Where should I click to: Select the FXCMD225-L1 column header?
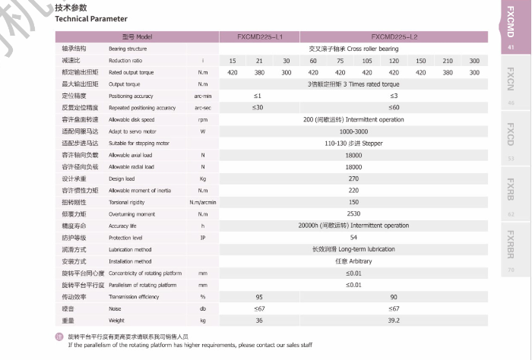click(260, 36)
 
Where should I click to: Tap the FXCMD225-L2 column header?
click(394, 36)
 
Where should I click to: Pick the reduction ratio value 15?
click(233, 60)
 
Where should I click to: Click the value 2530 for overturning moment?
click(353, 214)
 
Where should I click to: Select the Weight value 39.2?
click(394, 321)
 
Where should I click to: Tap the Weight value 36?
click(259, 321)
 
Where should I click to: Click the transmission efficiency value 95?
click(259, 297)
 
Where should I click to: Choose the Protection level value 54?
click(353, 238)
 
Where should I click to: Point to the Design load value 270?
click(353, 178)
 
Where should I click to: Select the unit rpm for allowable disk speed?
click(203, 119)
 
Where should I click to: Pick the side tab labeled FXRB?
click(511, 190)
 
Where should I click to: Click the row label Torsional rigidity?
click(126, 202)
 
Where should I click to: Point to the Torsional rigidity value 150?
click(353, 202)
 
